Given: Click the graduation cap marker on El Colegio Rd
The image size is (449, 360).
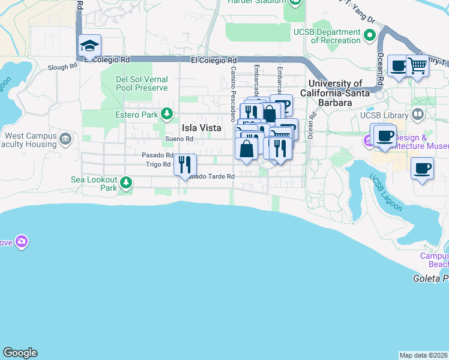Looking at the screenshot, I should (90, 46).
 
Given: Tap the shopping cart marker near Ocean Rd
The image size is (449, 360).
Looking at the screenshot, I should (417, 66).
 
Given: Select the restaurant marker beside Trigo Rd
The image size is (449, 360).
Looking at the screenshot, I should (185, 164).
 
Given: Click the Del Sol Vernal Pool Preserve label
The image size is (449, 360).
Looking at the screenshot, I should (142, 83).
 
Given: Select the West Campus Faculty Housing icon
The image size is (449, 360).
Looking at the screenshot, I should (65, 140).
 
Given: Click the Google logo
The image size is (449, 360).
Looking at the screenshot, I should (20, 353).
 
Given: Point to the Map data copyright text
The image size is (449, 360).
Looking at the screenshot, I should (424, 355).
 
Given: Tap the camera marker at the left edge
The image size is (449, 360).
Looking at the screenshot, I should (22, 241).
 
